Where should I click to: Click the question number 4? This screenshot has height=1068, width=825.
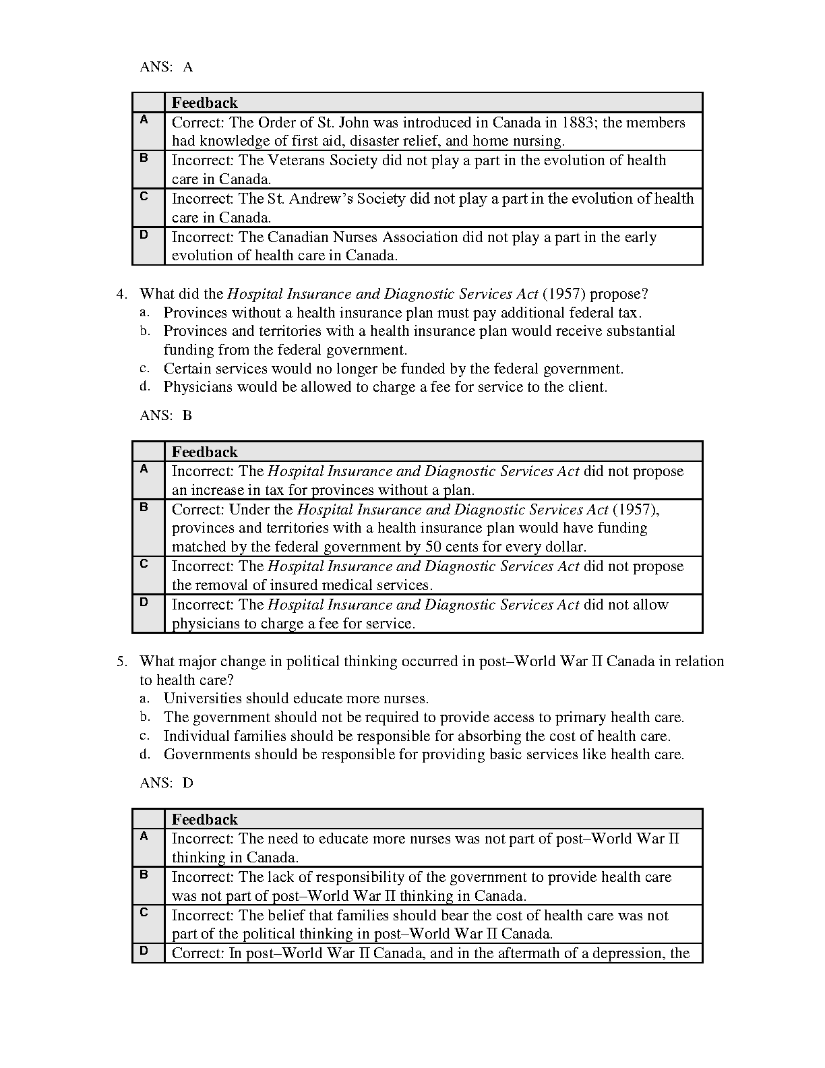coord(121,294)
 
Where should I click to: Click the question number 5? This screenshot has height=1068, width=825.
coord(121,661)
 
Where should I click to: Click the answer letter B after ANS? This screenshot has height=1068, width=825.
coord(187,415)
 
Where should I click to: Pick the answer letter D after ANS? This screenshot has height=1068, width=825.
coord(188,783)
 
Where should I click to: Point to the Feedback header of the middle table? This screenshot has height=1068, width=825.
coord(205,452)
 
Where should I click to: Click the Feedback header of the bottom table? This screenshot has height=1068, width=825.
coord(205,819)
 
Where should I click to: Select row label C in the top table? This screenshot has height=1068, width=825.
coord(144,196)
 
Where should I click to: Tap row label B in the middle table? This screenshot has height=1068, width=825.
coord(144,507)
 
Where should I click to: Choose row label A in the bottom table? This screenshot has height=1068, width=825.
coord(144,836)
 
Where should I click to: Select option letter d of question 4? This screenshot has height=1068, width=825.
coord(144,387)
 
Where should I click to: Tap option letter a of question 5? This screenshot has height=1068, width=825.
coord(144,699)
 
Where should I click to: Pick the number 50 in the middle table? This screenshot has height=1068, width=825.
coord(432,547)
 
